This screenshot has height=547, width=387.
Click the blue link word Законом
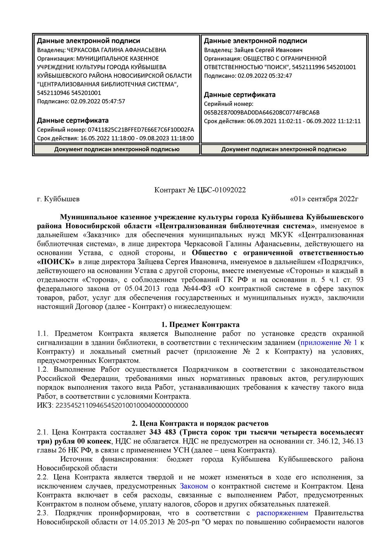pyautogui.click(x=194, y=486)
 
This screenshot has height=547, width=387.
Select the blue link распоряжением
pyautogui.click(x=282, y=513)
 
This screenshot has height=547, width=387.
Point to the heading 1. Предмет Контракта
pyautogui.click(x=200, y=325)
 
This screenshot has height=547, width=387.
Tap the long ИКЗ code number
pyautogui.click(x=122, y=405)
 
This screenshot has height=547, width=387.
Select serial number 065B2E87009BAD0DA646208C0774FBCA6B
pyautogui.click(x=262, y=113)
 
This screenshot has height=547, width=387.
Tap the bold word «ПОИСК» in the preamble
pyautogui.click(x=56, y=262)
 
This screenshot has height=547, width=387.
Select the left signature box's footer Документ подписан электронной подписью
pyautogui.click(x=116, y=149)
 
